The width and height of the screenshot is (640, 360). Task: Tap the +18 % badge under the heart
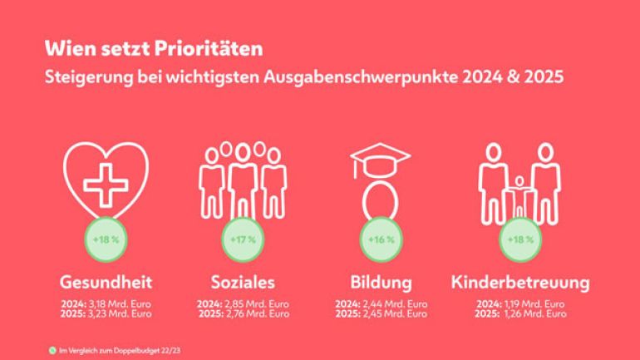point(105,240)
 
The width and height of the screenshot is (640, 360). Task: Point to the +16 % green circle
point(380,240)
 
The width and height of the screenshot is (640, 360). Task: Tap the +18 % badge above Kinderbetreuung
point(520,240)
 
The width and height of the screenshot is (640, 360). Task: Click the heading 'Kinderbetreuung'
point(520,282)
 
